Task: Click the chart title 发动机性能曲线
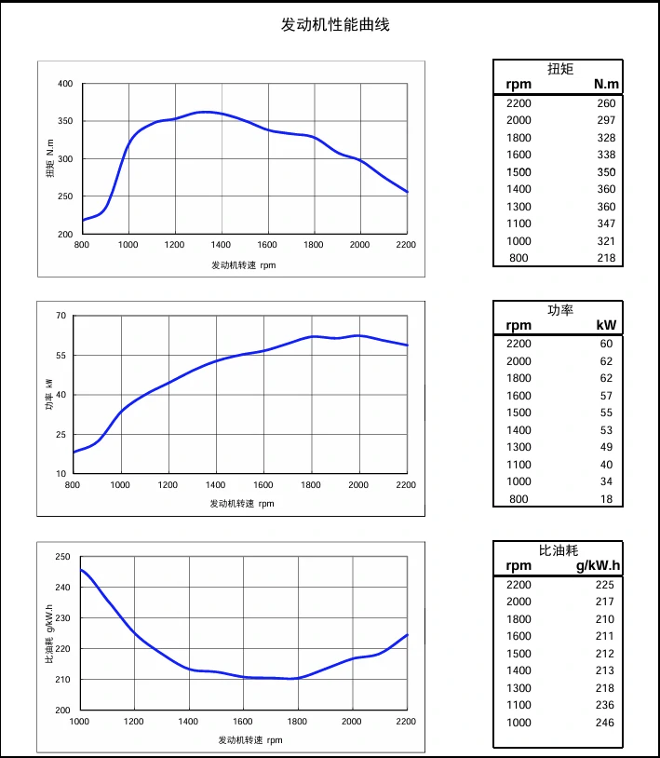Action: click(335, 25)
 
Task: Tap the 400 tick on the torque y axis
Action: click(64, 84)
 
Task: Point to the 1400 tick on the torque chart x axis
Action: click(221, 245)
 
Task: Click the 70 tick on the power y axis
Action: click(61, 316)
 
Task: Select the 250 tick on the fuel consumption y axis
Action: click(62, 557)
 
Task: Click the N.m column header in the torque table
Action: click(606, 85)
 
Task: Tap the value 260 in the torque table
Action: click(606, 103)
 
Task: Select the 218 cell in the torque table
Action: click(606, 258)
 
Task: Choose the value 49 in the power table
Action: click(606, 447)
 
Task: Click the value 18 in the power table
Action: click(606, 499)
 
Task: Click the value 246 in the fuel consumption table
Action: click(604, 723)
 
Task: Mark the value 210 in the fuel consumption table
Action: click(604, 619)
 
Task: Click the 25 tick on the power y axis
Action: click(61, 434)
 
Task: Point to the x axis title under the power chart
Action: click(242, 504)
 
